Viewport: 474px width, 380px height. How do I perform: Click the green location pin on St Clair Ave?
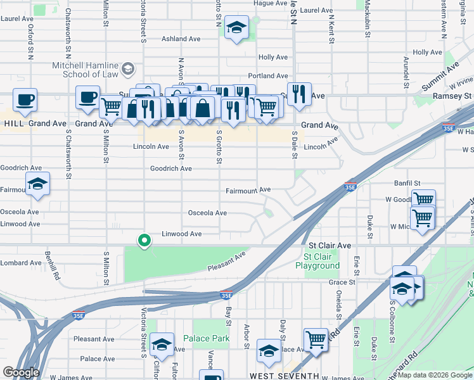[x=144, y=240]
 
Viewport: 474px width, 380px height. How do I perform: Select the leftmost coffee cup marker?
[x=25, y=100]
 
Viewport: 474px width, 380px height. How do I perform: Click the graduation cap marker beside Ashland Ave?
[x=236, y=28]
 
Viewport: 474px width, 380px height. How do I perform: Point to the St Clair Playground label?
[x=321, y=261]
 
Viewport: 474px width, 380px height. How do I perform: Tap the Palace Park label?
[x=207, y=339]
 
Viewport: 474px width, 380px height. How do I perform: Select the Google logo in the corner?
[x=21, y=372]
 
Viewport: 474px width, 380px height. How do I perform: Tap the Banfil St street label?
[x=408, y=182]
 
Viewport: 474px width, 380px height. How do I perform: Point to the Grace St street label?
[x=342, y=282]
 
